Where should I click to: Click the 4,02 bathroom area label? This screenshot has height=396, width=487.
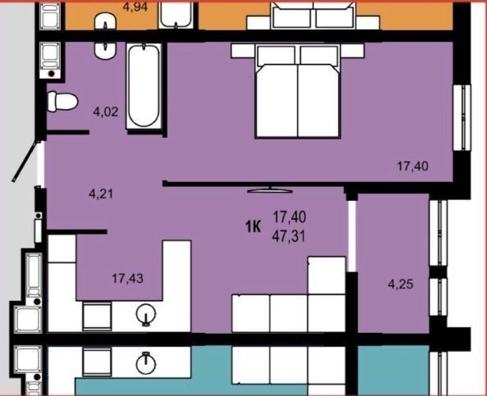coord(106,112)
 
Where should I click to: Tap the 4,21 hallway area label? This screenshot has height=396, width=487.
coord(101,194)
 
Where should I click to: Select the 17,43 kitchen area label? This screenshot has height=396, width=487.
coord(127,278)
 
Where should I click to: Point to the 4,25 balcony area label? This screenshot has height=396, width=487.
coord(401,284)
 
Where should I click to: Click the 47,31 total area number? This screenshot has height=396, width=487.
coord(289,237)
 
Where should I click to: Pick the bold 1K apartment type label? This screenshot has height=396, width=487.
coord(253,227)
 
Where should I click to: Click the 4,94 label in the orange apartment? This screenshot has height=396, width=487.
coord(136,7)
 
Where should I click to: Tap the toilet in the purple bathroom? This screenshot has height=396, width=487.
coord(62,101)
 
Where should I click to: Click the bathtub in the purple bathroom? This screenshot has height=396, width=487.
coord(144,86)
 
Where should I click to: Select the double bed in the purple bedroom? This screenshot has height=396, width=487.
coord(297,90)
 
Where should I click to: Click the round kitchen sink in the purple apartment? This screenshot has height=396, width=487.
coord(145,314)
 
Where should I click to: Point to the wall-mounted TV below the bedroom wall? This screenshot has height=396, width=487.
coord(270,189)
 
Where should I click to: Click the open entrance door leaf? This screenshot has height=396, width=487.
coord(26,162)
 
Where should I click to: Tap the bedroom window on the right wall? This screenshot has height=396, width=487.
coord(462,117)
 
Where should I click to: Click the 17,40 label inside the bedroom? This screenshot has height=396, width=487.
coord(413,166)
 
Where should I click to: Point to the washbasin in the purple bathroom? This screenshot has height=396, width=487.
coord(105,50)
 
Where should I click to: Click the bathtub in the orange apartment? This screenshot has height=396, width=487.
coord(176,14)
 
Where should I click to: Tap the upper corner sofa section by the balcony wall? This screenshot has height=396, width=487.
coord(326,275)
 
